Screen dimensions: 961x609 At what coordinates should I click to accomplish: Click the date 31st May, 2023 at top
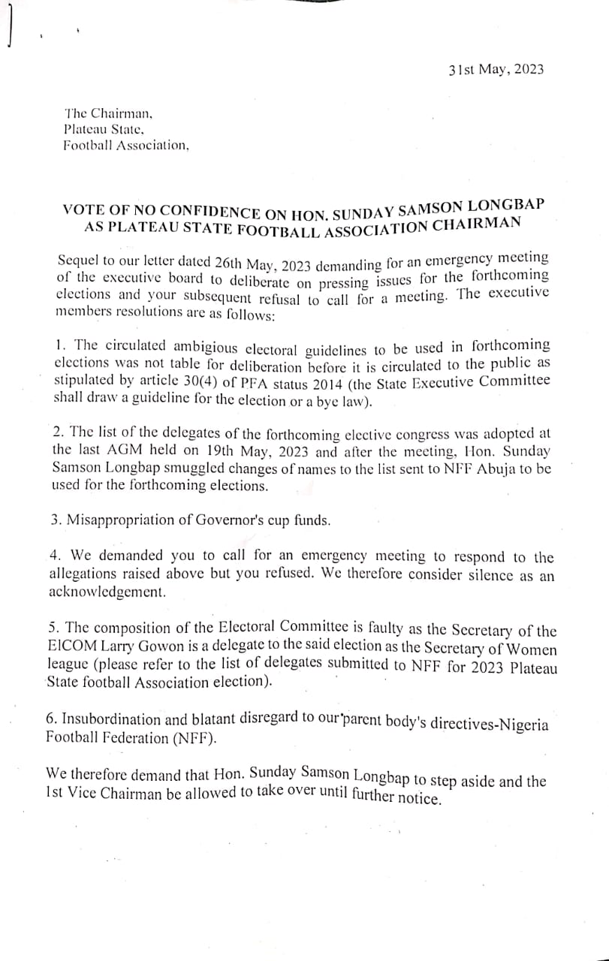(496, 69)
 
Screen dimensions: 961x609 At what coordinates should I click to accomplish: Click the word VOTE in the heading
(80, 209)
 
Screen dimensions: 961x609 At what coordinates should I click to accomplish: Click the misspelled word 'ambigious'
(208, 348)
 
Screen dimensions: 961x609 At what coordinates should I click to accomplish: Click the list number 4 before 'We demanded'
(55, 556)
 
